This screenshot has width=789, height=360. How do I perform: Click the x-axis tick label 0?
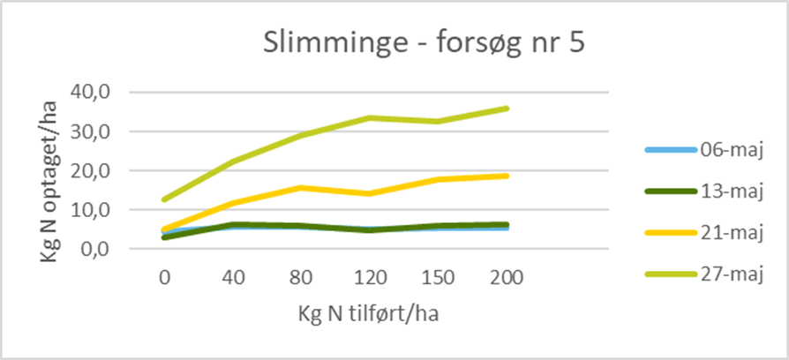click(x=164, y=278)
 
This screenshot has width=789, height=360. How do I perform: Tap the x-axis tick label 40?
click(x=233, y=278)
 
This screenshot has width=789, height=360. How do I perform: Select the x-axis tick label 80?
click(x=301, y=278)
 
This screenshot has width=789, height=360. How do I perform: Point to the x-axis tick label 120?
click(x=370, y=278)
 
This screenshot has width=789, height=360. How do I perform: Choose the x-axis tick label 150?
click(x=439, y=278)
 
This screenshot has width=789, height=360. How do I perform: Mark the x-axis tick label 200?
click(x=507, y=278)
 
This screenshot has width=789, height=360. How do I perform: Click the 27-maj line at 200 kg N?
click(x=507, y=109)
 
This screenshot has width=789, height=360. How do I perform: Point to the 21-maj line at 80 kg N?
click(x=301, y=187)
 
